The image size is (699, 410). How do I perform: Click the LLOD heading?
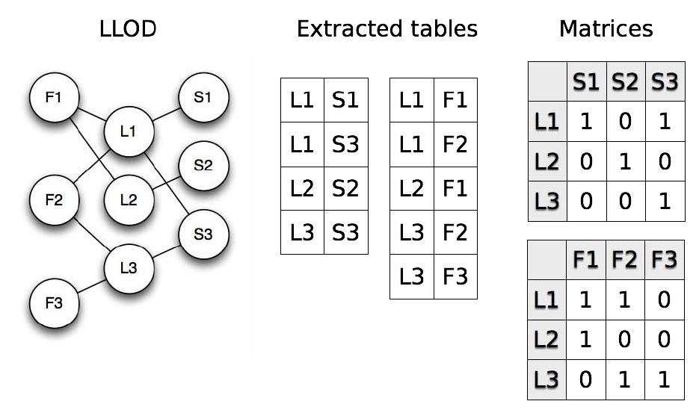click(127, 29)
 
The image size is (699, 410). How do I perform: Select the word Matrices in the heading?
click(606, 29)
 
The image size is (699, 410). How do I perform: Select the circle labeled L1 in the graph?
click(128, 131)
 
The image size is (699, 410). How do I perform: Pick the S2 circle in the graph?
click(203, 166)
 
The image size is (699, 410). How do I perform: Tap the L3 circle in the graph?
click(128, 267)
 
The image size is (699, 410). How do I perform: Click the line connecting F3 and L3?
click(90, 285)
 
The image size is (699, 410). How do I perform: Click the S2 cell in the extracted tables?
click(345, 187)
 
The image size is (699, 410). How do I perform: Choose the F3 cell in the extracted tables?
click(455, 277)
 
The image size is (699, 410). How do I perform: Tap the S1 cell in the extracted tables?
click(345, 100)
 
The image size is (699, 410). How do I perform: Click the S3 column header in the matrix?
click(662, 81)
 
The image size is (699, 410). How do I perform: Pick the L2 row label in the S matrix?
click(547, 161)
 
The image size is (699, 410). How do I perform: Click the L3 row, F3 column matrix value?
click(662, 379)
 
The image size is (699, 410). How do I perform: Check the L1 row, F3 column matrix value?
click(662, 300)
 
